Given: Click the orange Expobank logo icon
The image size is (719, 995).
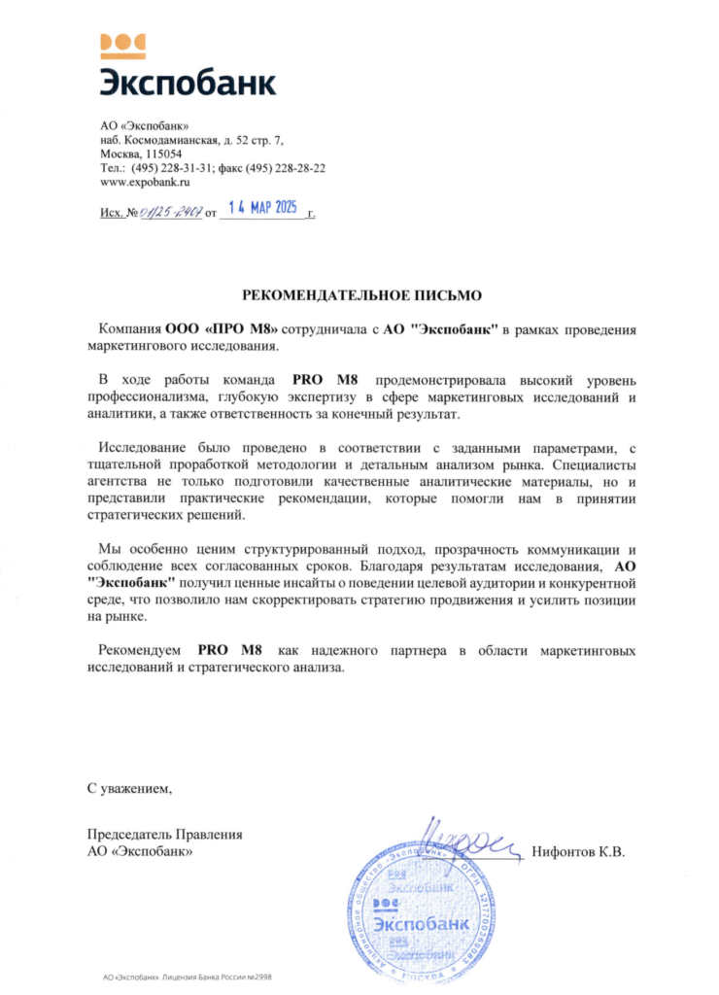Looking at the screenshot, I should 123,42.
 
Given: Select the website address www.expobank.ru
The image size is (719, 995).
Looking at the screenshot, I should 145,182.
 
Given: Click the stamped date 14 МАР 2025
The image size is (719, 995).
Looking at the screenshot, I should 261,208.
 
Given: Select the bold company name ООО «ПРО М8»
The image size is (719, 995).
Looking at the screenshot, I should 223,329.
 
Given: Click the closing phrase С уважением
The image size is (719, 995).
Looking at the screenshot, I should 129,787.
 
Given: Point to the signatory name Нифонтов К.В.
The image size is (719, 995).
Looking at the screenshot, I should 578,852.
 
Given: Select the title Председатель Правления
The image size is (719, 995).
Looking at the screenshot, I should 164,835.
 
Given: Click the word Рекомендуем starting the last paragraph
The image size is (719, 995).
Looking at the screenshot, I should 144,648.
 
